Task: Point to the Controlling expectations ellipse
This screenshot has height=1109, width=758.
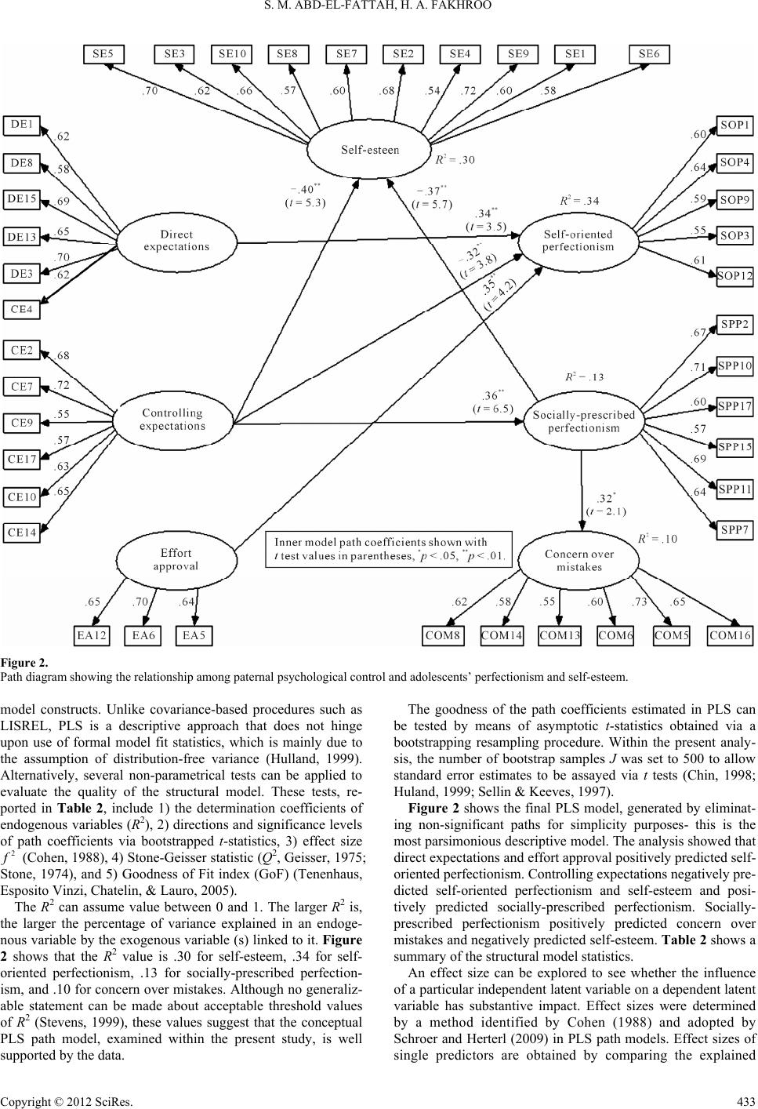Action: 172,419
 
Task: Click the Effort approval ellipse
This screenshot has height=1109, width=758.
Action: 172,558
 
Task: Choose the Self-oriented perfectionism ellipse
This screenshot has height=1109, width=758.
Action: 578,240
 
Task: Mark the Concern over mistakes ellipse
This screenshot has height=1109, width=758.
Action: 578,560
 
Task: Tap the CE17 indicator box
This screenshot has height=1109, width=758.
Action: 22,459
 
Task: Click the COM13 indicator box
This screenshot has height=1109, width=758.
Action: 560,635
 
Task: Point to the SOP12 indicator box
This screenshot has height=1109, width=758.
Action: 735,275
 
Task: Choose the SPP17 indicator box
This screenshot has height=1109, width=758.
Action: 735,406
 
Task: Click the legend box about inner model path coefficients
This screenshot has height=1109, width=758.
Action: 389,549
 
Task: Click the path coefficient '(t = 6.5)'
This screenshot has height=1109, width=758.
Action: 492,409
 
